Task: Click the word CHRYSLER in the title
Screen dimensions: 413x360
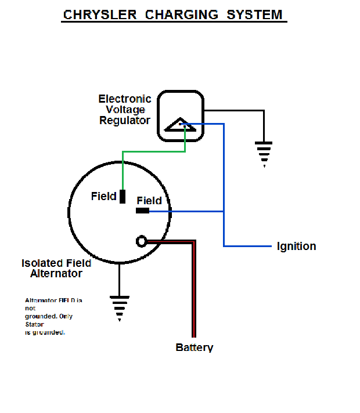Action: (x=100, y=15)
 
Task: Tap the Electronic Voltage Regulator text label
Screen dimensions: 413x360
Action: (x=125, y=110)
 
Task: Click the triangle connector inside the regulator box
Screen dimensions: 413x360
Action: (x=179, y=125)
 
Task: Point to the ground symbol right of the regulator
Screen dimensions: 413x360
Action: (x=264, y=153)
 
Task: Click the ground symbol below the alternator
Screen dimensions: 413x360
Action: (x=120, y=307)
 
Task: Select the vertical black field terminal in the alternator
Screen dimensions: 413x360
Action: (x=123, y=197)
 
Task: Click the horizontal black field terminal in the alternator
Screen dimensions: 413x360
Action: (x=142, y=211)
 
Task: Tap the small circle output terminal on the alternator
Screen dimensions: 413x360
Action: (x=141, y=241)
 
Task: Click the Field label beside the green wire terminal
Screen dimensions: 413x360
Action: (x=103, y=197)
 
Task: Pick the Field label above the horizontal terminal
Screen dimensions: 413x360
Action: (x=149, y=201)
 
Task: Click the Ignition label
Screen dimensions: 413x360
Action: (x=296, y=246)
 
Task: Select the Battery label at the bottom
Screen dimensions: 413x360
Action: (x=195, y=347)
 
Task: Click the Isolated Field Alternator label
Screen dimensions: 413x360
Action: (x=56, y=269)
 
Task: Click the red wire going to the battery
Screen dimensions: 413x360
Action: (x=193, y=290)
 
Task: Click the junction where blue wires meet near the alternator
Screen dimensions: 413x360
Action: (x=224, y=211)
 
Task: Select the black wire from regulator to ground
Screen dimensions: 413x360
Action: (x=238, y=110)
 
